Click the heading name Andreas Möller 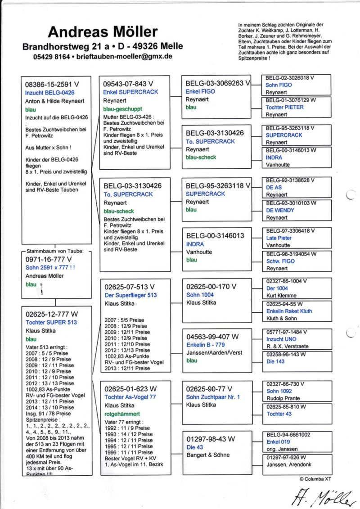[103, 32]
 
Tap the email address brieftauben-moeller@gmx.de [125, 57]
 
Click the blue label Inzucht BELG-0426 [46, 93]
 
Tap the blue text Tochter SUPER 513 [51, 322]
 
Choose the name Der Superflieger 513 [130, 295]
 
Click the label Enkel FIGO [200, 91]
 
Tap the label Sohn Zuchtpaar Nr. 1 [213, 397]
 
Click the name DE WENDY [280, 210]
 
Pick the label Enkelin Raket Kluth [289, 311]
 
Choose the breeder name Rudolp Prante [283, 398]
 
